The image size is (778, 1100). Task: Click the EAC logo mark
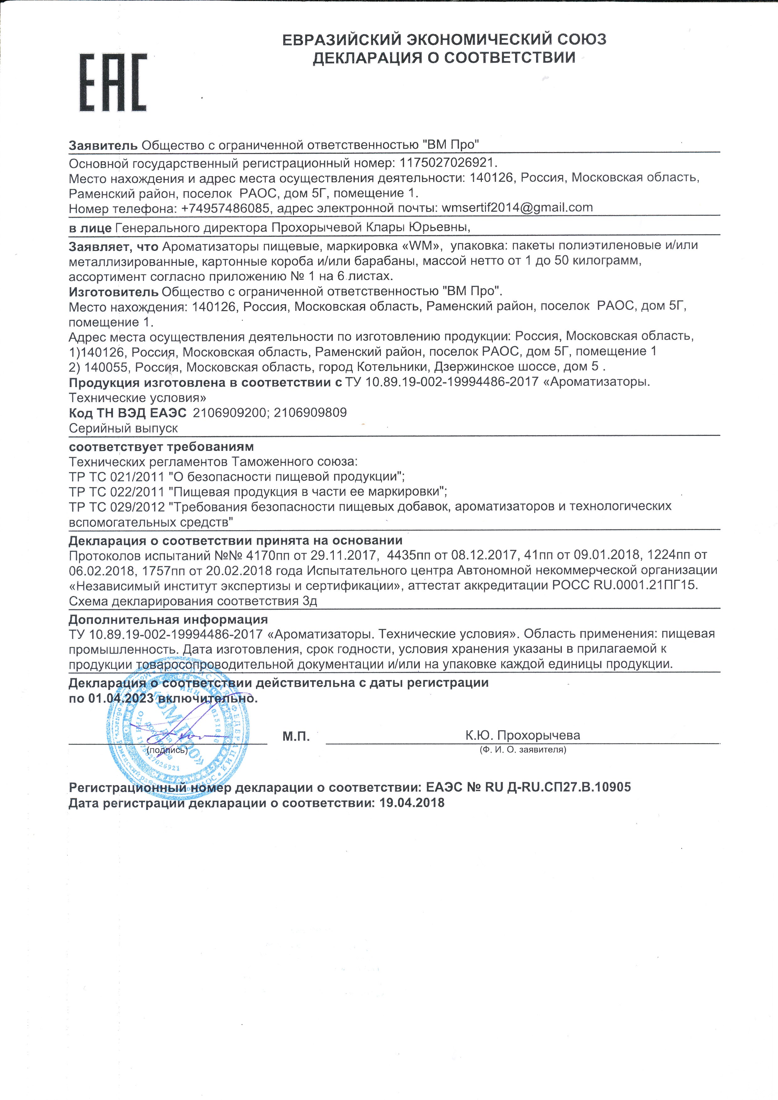tap(113, 83)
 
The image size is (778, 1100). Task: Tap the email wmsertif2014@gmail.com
tap(517, 208)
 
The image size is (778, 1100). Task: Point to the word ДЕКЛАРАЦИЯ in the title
tap(366, 58)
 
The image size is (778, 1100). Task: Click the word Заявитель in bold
tap(103, 145)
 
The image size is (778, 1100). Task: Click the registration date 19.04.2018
tap(412, 803)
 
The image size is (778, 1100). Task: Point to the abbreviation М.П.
tap(296, 736)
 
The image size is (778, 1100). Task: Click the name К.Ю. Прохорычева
tap(523, 735)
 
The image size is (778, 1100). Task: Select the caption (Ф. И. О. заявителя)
tap(523, 750)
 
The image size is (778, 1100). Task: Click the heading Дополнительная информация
tap(168, 620)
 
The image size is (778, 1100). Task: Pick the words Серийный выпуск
tap(123, 428)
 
